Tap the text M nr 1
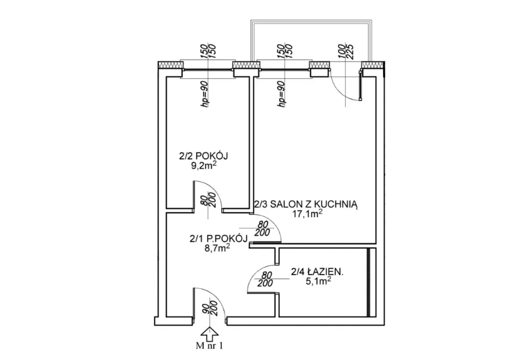point(209,346)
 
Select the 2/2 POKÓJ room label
point(199,156)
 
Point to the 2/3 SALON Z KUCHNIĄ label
point(307,204)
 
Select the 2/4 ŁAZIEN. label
point(317,272)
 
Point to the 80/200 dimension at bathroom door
point(265,279)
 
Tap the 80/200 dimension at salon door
point(262,228)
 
